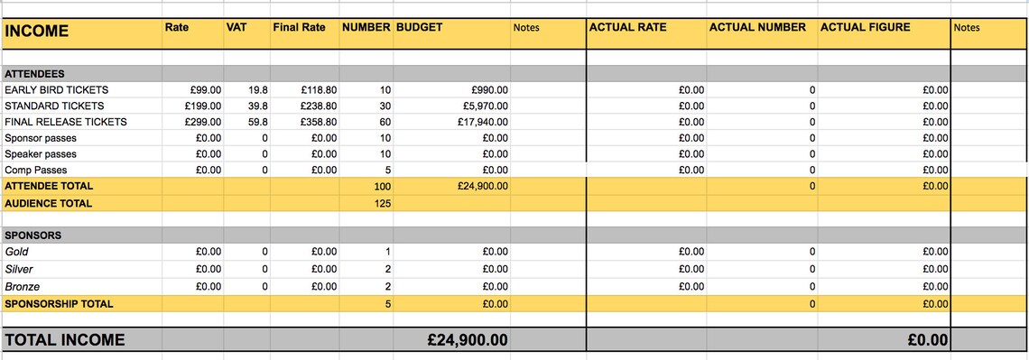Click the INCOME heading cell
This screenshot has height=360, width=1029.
click(x=37, y=31)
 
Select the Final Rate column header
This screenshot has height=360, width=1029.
click(x=299, y=27)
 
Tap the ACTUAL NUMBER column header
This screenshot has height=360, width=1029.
click(x=757, y=27)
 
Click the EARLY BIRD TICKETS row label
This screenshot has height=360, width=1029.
click(x=56, y=90)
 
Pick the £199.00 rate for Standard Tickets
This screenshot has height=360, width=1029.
click(x=202, y=106)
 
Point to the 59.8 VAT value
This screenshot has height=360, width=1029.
click(x=257, y=122)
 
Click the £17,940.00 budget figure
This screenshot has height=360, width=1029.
click(x=483, y=122)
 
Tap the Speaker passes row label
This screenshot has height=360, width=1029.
click(x=41, y=154)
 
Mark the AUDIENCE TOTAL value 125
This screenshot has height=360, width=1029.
click(x=382, y=204)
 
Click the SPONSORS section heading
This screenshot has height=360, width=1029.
click(x=33, y=235)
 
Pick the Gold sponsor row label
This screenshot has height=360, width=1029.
click(x=17, y=252)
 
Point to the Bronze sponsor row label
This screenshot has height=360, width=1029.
click(x=22, y=286)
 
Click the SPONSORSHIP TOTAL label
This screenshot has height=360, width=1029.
click(x=59, y=304)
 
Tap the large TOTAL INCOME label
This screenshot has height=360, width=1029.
click(x=65, y=340)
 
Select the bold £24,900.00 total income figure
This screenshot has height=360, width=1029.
click(x=467, y=340)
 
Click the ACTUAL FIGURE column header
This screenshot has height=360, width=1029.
click(x=865, y=27)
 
